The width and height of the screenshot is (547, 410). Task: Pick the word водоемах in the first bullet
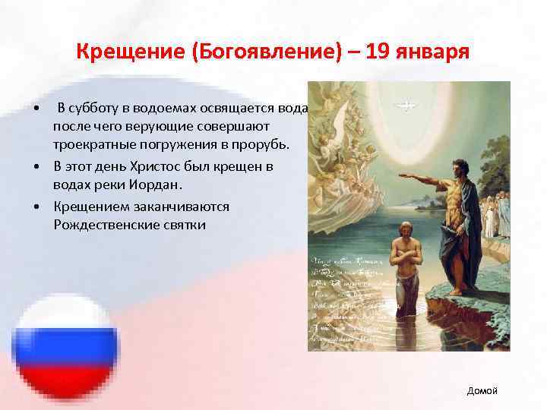tap(178, 107)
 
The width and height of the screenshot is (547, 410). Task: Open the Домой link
tap(482, 390)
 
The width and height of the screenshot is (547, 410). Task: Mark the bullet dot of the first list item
tap(36, 108)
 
